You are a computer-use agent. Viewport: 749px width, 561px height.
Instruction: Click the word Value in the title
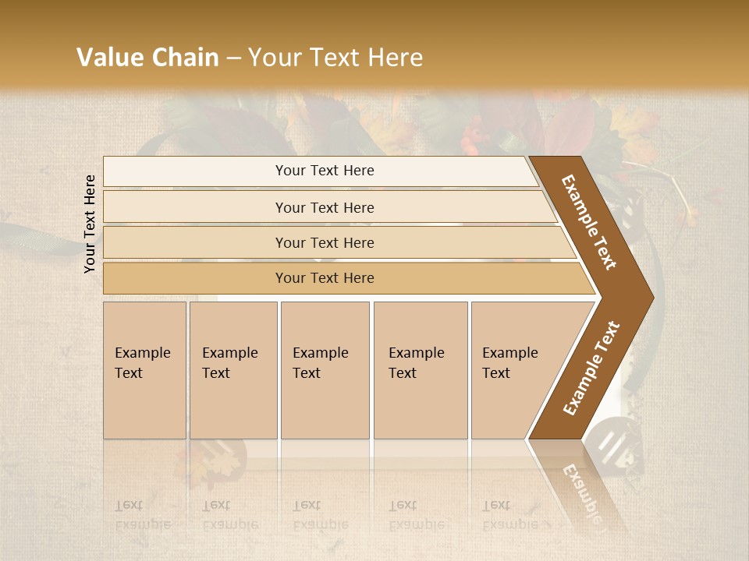(x=108, y=58)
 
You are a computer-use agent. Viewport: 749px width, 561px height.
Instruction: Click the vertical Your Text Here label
(x=90, y=224)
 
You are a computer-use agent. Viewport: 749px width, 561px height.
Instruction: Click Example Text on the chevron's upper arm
(x=589, y=222)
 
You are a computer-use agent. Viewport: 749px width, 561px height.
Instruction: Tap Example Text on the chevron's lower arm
(x=591, y=368)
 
